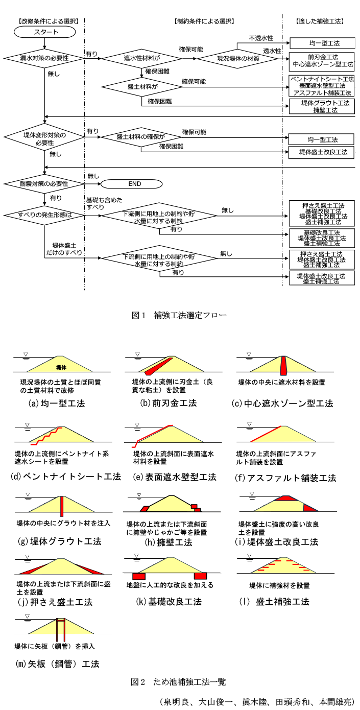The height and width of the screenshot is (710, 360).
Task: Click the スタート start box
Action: (x=45, y=32)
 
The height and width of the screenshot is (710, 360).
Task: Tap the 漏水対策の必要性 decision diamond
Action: (x=45, y=58)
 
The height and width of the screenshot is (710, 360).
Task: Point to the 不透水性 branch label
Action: (x=260, y=38)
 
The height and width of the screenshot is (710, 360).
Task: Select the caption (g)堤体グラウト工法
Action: (x=59, y=541)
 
